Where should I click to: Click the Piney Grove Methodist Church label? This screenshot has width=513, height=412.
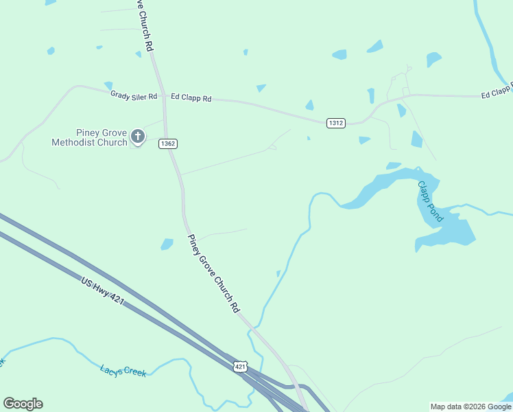(89, 137)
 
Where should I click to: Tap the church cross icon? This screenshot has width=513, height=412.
(138, 137)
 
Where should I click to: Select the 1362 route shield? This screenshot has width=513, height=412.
(167, 144)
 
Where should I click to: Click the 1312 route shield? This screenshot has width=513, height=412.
(335, 123)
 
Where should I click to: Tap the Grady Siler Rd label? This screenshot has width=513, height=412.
(134, 95)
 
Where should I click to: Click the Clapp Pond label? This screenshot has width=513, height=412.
(431, 201)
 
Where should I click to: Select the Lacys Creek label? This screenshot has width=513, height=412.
(123, 371)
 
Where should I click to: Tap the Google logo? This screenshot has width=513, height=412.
(23, 404)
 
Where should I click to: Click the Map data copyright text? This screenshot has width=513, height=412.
(470, 407)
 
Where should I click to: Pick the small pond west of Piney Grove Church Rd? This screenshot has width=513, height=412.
(167, 244)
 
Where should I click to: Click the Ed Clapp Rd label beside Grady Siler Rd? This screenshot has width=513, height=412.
(191, 98)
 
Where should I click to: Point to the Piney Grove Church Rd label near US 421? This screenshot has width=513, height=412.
(213, 272)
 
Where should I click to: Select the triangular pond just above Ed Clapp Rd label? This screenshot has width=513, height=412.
(261, 88)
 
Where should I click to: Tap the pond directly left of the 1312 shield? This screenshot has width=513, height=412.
(309, 105)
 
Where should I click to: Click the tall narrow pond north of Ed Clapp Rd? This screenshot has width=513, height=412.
(371, 95)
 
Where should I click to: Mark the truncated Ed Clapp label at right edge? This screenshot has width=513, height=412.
(497, 91)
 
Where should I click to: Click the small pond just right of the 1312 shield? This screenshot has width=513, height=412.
(364, 140)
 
